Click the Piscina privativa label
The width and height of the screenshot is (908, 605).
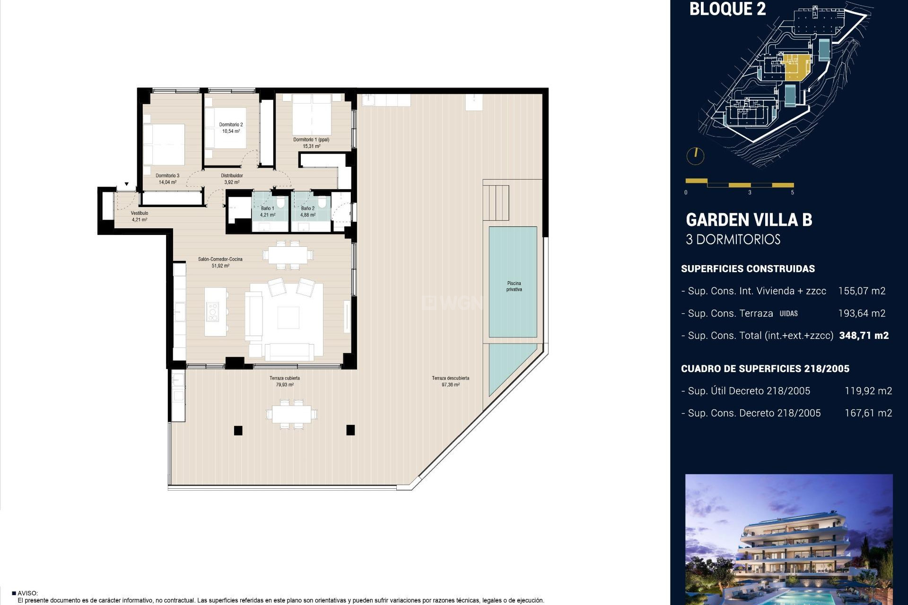click(x=514, y=286)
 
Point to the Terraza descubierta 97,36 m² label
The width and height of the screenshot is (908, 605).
click(x=450, y=381)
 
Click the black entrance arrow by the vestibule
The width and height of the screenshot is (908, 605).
click(x=127, y=184)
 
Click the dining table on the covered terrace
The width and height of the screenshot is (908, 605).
click(x=291, y=414)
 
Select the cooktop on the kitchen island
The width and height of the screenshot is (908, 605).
click(x=212, y=312)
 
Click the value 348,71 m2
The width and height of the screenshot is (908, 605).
click(x=864, y=336)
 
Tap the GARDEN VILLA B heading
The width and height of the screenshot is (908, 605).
click(x=749, y=220)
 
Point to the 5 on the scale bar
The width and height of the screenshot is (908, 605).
click(x=792, y=192)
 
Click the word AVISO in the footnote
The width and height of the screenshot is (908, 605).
click(x=27, y=593)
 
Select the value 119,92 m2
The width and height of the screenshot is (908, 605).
click(x=868, y=391)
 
